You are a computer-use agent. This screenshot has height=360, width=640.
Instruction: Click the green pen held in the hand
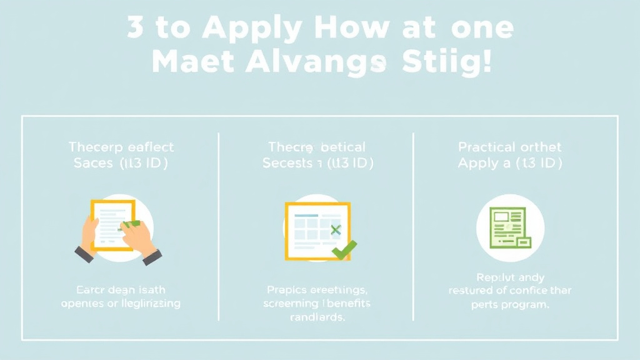click(x=132, y=223)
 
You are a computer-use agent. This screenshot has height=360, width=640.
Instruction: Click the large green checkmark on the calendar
click(x=344, y=250)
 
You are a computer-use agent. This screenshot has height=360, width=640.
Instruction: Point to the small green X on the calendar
click(x=336, y=230)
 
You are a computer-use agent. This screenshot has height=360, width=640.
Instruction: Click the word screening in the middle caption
click(x=291, y=304)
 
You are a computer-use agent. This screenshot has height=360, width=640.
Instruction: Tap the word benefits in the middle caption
click(x=347, y=304)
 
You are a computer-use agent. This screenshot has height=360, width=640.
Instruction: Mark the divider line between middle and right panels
click(x=413, y=225)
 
